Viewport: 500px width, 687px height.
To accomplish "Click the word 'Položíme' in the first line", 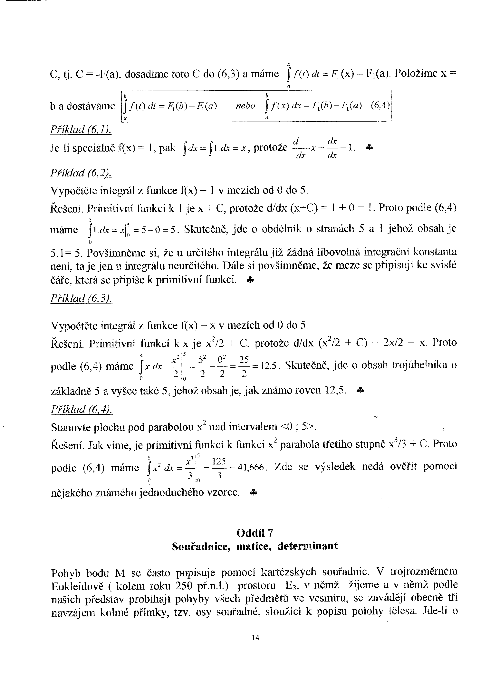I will tap(416, 74).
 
